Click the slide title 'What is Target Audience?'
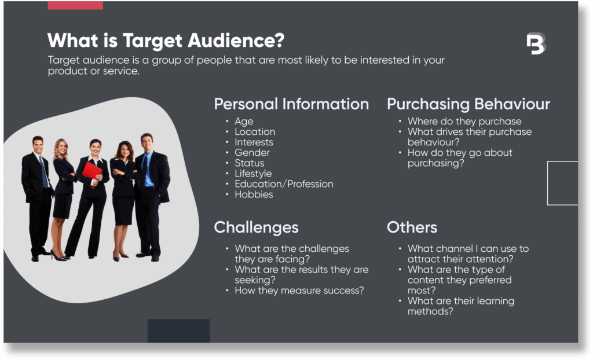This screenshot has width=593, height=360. pos(166,41)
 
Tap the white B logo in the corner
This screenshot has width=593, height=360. pos(536,44)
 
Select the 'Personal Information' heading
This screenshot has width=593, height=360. pos(291,104)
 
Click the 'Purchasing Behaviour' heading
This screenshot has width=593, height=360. pos(468,104)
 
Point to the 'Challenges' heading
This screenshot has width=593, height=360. pos(256,227)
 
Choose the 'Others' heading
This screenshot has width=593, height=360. pos(412,227)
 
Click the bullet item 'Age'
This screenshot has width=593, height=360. pos(244,122)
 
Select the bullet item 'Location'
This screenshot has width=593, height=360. pos(255,132)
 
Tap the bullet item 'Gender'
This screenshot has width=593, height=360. pos(252,153)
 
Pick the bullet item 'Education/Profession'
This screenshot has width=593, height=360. pos(284,184)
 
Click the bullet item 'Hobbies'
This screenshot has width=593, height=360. pos(254,194)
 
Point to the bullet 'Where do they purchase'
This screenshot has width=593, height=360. pos(464,122)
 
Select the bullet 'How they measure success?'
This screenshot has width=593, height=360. pos(299,291)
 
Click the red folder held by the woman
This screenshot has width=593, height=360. pos(91,172)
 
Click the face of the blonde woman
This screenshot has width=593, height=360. pos(61,148)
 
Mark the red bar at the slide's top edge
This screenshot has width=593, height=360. pos(75,5)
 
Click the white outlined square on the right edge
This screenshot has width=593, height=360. pos(562,183)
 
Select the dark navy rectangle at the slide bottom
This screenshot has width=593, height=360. pos(178,330)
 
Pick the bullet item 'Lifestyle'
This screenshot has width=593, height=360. pos(253,174)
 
